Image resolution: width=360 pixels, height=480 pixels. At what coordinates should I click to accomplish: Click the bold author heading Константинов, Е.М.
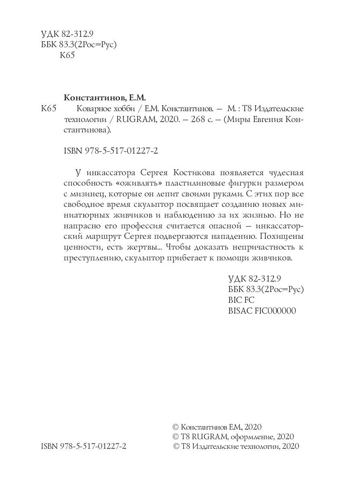point(105,98)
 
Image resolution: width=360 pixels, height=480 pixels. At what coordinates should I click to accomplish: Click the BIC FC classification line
point(241,300)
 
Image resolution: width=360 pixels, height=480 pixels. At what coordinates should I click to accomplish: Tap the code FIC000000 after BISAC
point(275,310)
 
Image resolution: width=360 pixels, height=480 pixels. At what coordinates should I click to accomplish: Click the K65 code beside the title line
point(49,109)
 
